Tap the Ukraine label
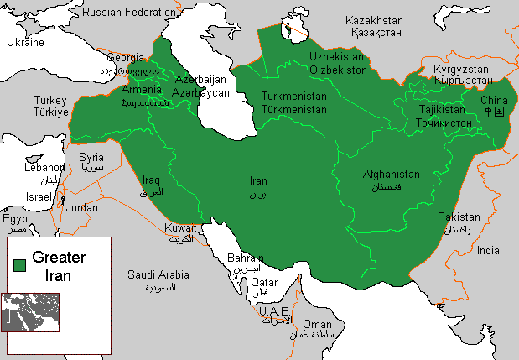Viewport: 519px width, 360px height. (25, 43)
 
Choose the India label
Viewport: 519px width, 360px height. (487, 250)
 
